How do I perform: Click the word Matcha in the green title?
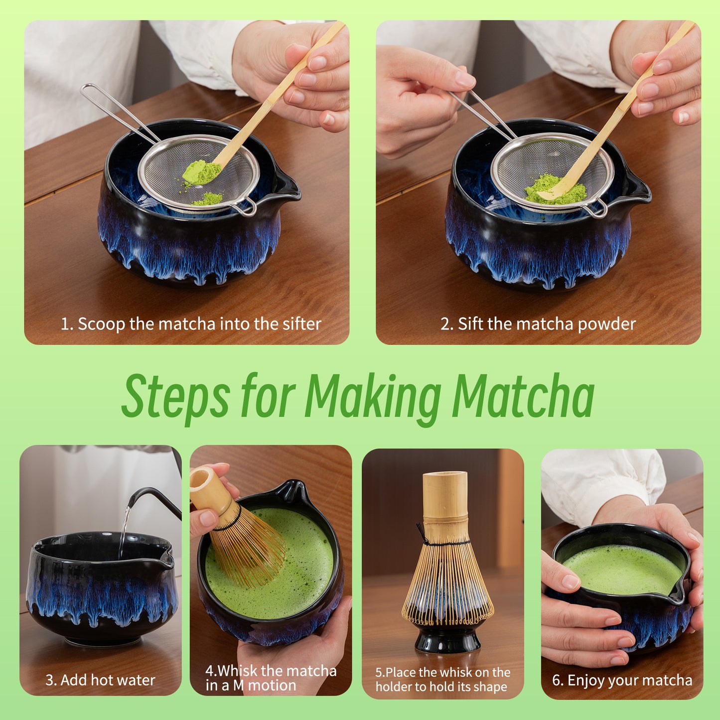pos(523,396)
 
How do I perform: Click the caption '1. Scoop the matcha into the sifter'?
pos(191,324)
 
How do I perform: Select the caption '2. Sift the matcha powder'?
pos(538,324)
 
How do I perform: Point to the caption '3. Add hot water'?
pos(100,680)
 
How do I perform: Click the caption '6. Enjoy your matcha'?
pos(622,680)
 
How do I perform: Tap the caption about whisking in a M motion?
pos(271,678)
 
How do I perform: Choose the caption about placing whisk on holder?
pos(442,679)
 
